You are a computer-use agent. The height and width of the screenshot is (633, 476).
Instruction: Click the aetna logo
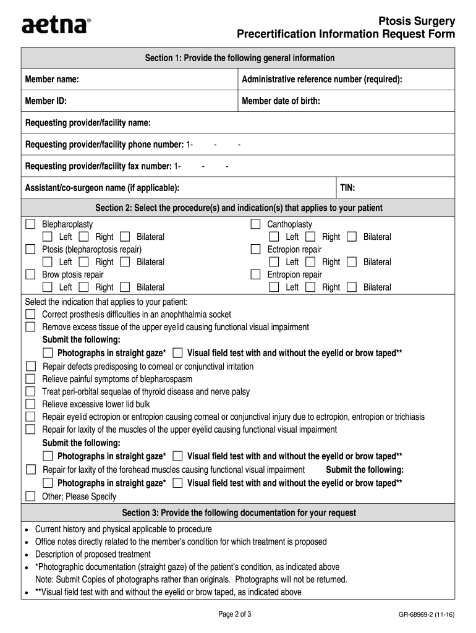56,25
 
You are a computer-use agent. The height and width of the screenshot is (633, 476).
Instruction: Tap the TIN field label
347,188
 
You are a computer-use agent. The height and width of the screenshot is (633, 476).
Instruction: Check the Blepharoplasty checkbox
30,224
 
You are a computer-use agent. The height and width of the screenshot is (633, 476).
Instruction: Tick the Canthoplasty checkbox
255,224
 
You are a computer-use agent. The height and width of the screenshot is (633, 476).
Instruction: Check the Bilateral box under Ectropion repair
352,262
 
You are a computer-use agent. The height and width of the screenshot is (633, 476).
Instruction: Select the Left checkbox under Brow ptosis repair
48,287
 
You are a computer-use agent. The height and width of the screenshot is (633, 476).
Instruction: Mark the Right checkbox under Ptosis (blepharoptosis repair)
84,262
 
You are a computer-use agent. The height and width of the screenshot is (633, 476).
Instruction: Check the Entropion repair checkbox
255,274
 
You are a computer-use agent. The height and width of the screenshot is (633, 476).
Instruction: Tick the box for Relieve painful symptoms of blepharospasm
30,379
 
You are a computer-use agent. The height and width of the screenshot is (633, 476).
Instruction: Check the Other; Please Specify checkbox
30,496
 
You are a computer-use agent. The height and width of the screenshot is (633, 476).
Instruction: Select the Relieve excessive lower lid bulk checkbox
30,404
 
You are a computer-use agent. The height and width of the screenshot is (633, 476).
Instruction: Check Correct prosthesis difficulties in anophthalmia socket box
30,315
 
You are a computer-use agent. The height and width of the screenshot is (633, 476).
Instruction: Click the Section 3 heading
239,513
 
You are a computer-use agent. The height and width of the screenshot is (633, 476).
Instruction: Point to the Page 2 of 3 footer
234,614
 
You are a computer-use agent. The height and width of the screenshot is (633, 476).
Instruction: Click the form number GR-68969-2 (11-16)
427,615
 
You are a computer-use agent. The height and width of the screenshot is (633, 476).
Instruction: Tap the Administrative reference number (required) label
322,80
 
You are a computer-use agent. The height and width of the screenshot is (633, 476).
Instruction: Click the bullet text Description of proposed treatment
93,554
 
